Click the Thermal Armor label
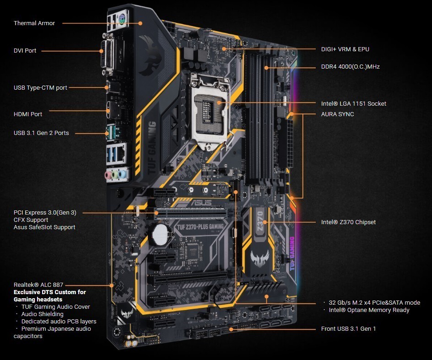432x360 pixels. click(x=34, y=23)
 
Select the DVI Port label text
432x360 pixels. click(x=25, y=51)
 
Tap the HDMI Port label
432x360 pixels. click(x=28, y=114)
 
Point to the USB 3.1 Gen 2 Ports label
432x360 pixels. click(x=41, y=133)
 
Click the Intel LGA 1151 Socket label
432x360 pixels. click(x=353, y=103)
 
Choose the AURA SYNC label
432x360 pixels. click(x=338, y=114)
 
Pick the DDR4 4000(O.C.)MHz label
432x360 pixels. click(x=351, y=67)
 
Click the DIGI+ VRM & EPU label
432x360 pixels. click(x=345, y=49)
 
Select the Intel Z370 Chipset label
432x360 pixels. click(x=348, y=222)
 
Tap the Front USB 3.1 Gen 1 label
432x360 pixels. click(x=348, y=328)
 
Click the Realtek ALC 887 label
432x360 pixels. click(x=38, y=285)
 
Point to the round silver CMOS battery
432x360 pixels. click(x=160, y=234)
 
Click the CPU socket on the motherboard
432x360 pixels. click(x=210, y=113)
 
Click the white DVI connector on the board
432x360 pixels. click(x=108, y=54)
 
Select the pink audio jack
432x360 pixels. click(x=109, y=175)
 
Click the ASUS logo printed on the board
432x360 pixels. click(x=202, y=203)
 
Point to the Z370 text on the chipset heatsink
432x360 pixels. click(x=260, y=221)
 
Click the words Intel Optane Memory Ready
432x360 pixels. click(x=369, y=310)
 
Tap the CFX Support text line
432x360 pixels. click(x=31, y=220)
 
